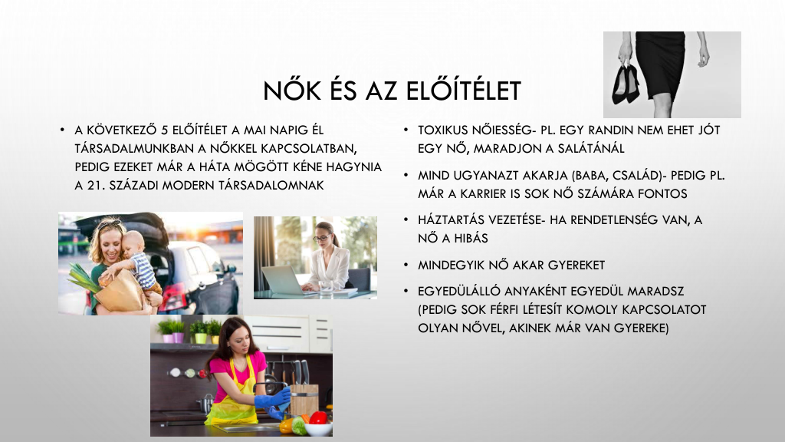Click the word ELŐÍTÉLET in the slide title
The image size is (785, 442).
coord(463,91)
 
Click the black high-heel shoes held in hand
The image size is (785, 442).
coord(626,84)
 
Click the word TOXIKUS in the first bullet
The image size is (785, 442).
coord(442,130)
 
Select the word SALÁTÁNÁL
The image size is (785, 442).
coord(592,148)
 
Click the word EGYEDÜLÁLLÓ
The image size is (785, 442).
coord(458,291)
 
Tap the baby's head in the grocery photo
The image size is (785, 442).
coord(133,242)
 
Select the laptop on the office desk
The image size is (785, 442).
coord(284,280)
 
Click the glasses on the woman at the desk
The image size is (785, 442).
coord(321,238)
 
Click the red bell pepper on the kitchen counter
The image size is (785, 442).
coord(318,417)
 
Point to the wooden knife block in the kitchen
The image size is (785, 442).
coord(304,399)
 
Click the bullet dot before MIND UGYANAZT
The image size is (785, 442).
coord(406,176)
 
